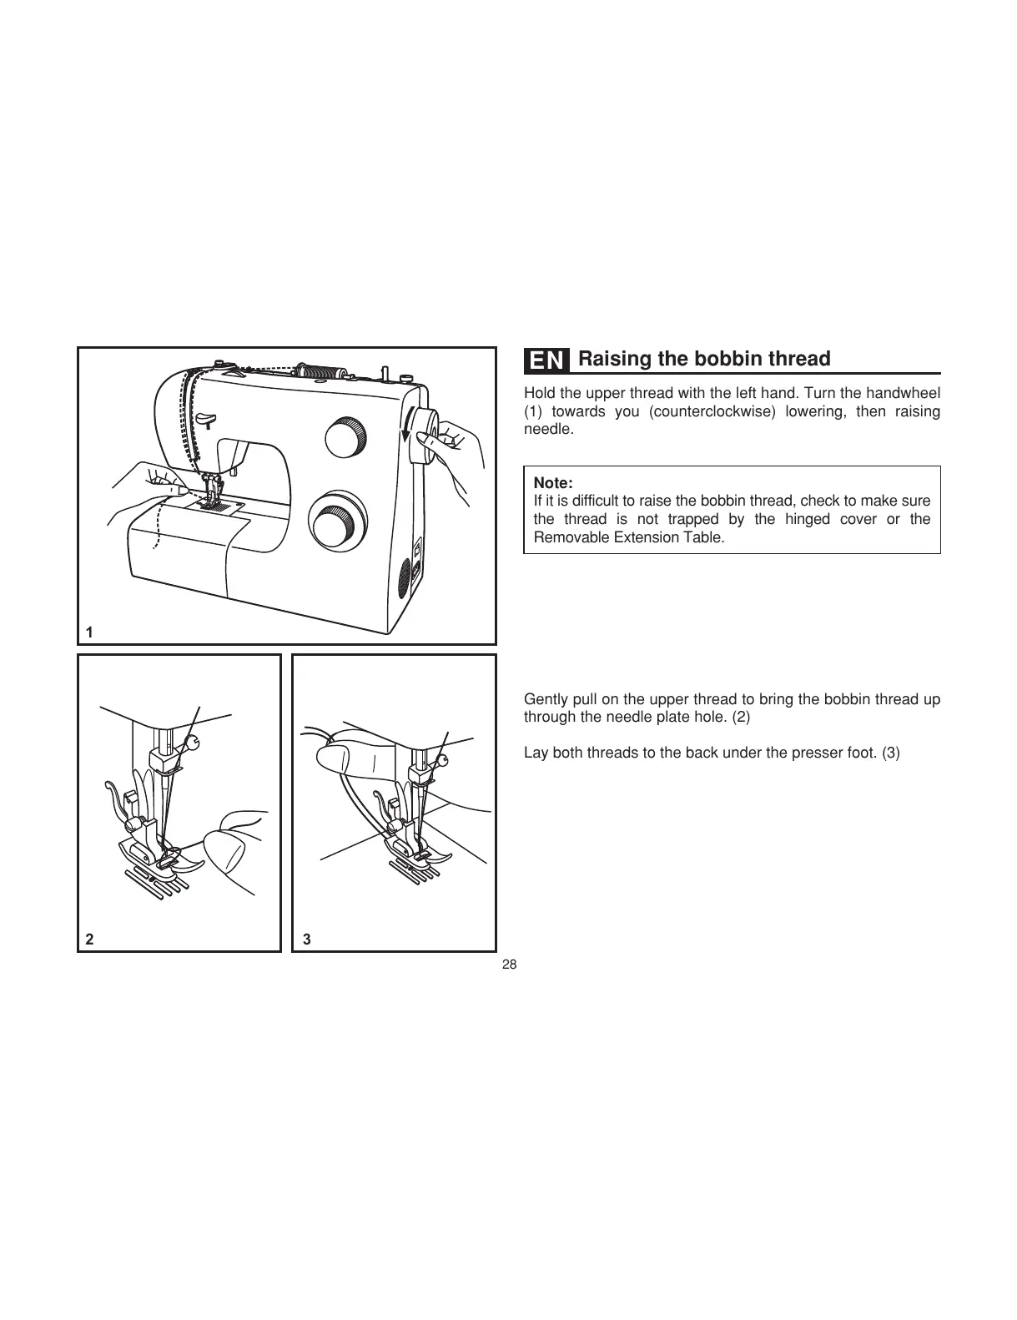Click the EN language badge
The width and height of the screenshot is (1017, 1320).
(x=547, y=360)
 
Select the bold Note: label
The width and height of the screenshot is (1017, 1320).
(x=552, y=483)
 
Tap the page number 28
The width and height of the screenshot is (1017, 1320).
(x=509, y=965)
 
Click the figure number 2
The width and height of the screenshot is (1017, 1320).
(x=89, y=939)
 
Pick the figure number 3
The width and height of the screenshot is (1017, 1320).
(x=307, y=939)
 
